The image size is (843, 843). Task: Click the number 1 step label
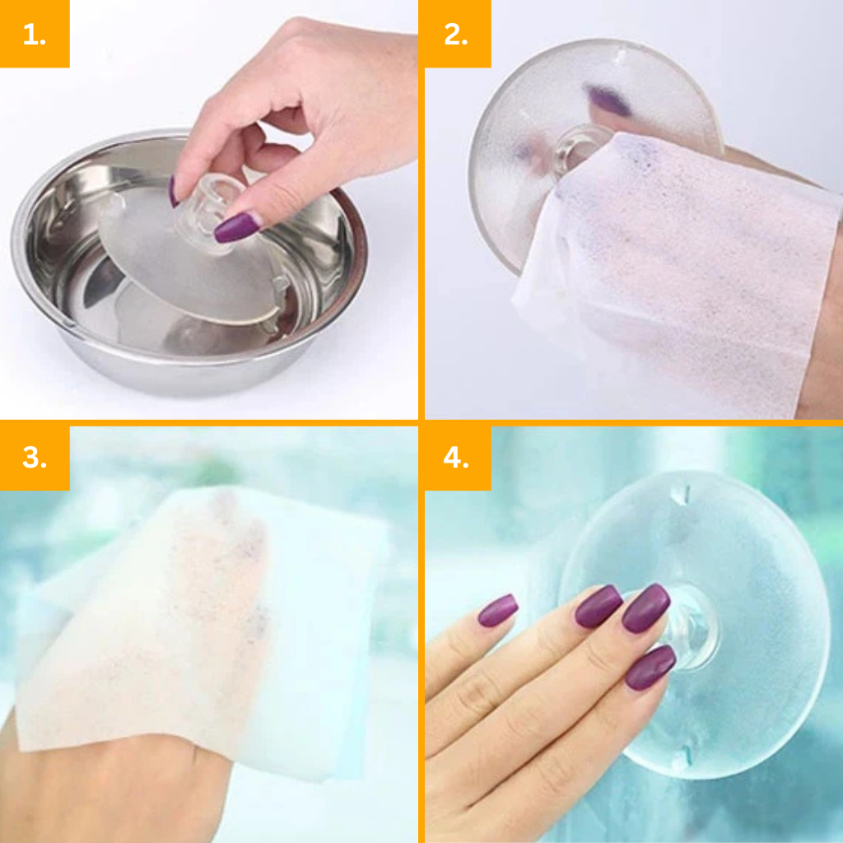coord(35,34)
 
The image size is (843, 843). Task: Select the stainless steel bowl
coord(189,263)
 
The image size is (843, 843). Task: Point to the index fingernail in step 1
coord(173,191)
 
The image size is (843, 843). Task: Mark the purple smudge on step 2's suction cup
coord(608,100)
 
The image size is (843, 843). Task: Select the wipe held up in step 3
coord(204,629)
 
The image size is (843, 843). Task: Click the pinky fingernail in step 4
coord(498,610)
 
